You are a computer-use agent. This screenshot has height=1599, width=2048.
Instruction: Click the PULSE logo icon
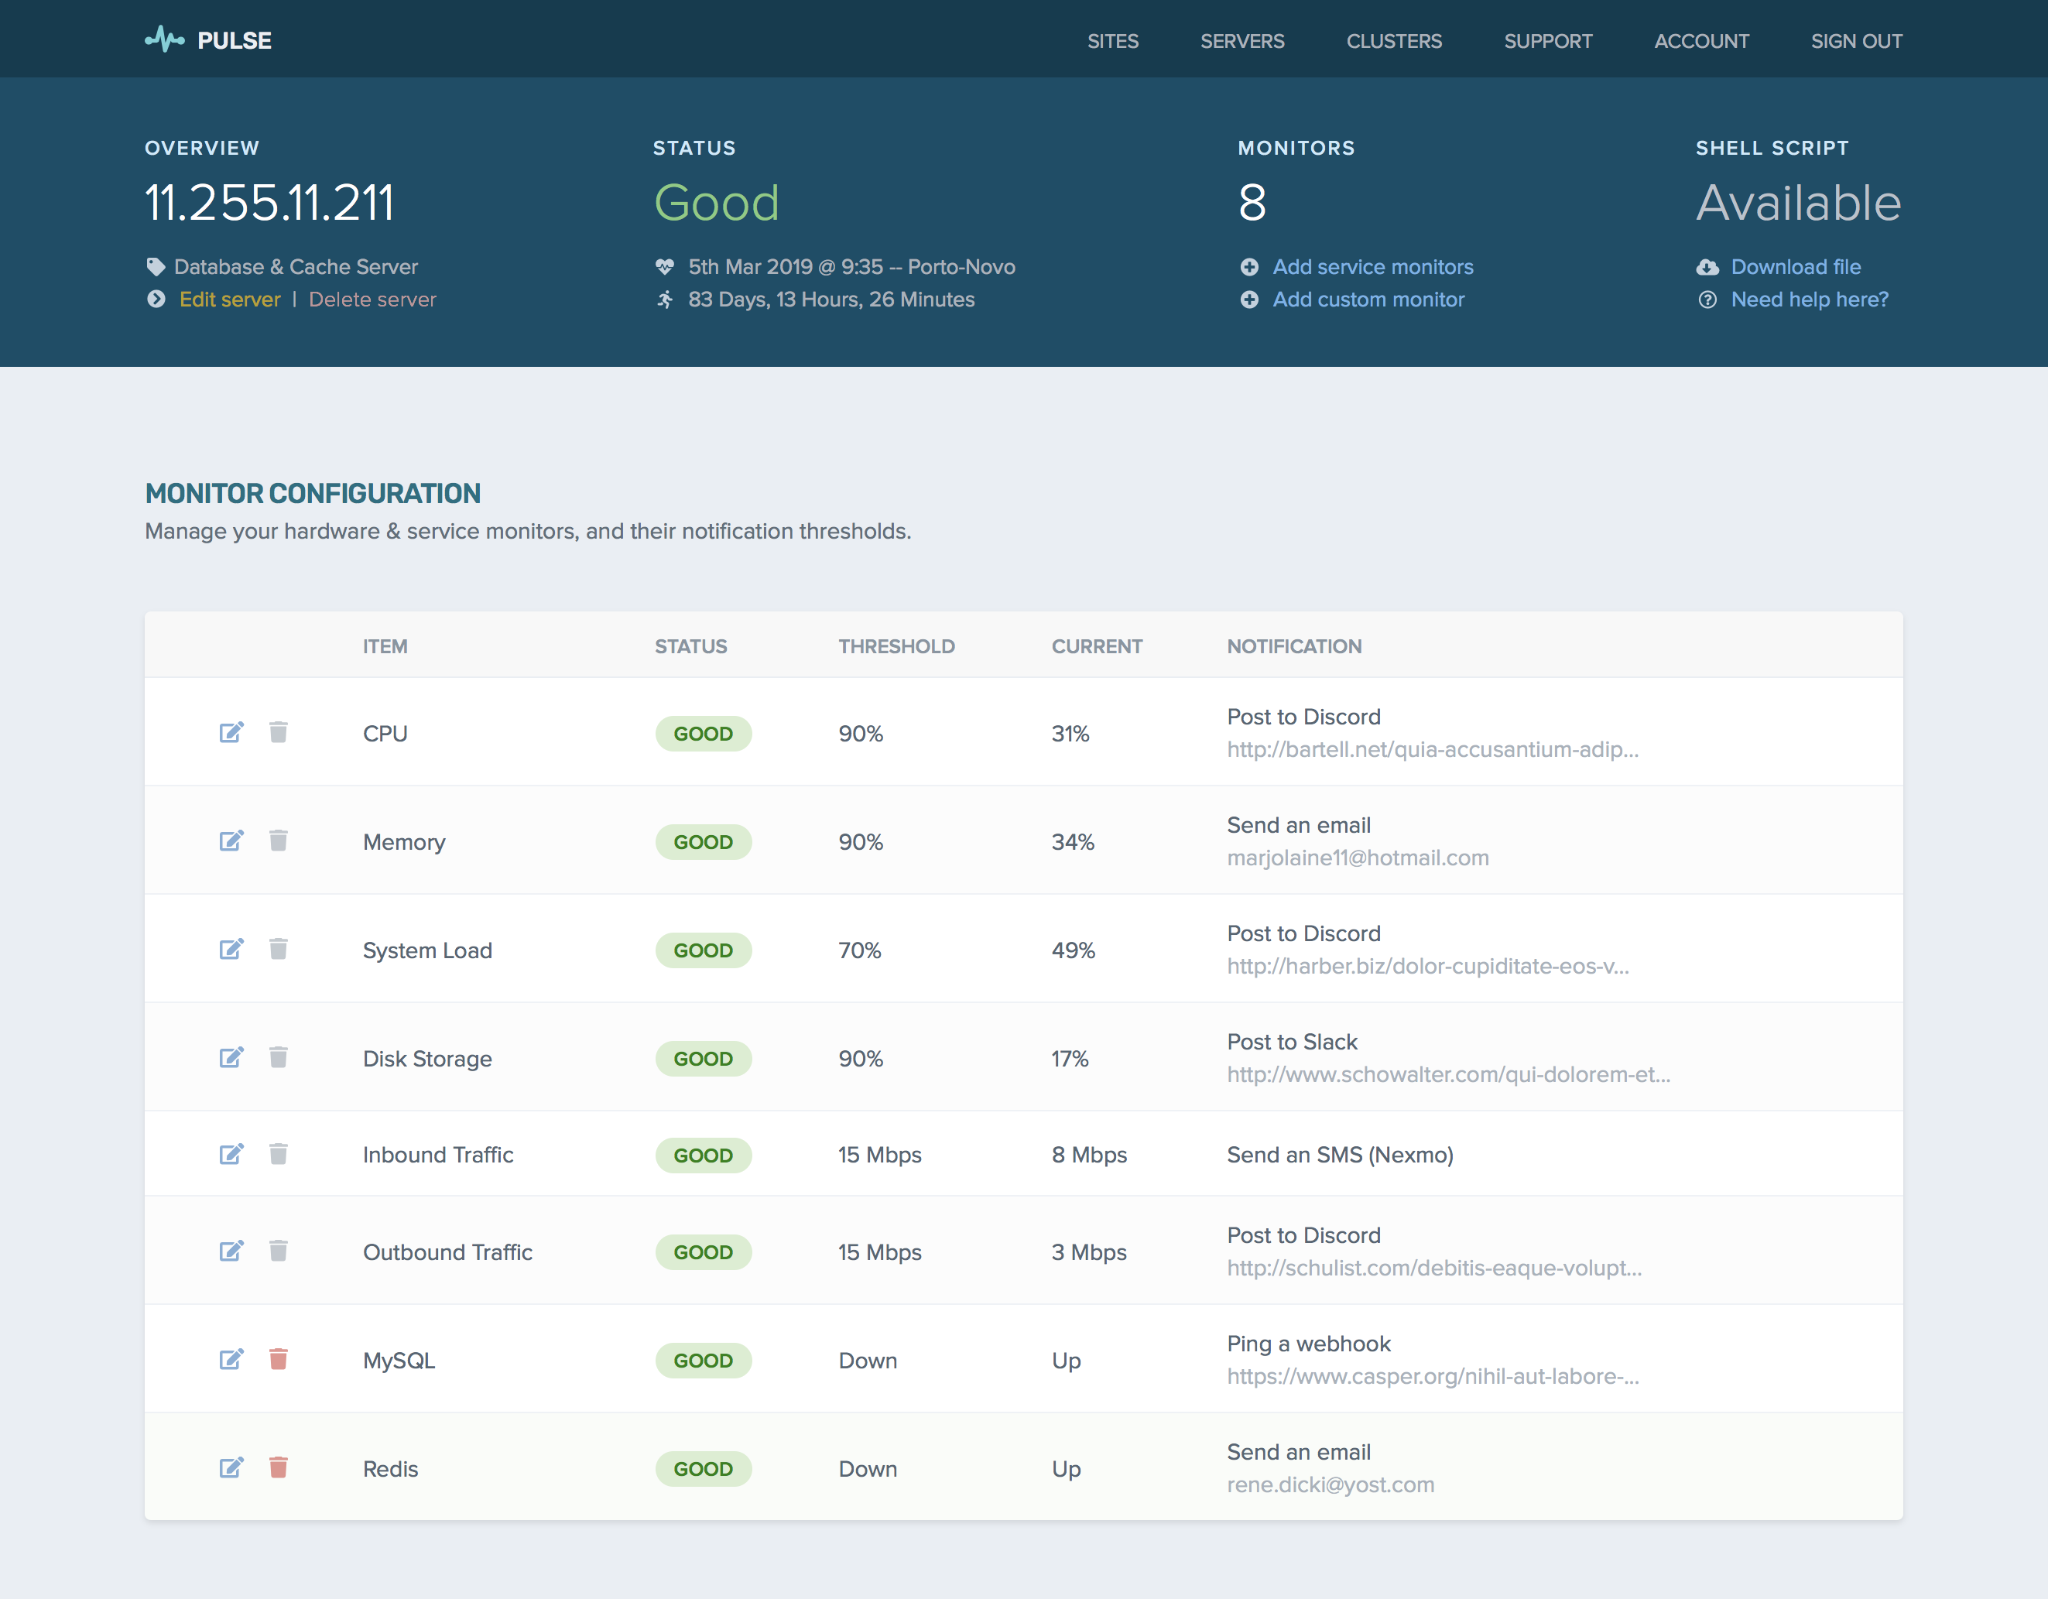coord(164,39)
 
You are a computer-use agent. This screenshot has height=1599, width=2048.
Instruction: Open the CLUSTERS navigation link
coord(1393,41)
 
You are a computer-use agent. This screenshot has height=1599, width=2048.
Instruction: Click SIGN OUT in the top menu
coord(1856,41)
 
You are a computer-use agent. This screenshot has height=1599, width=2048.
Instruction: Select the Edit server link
coord(230,300)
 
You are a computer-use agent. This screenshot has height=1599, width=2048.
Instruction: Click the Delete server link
coord(372,300)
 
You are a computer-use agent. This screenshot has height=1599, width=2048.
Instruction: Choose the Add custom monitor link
coord(1368,300)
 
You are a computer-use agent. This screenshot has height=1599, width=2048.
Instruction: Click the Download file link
coord(1796,267)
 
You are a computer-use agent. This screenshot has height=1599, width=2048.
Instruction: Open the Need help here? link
coord(1810,300)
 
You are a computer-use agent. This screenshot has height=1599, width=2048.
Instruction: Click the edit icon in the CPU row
coord(231,732)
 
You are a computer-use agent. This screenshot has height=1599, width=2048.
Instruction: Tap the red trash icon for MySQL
coord(279,1359)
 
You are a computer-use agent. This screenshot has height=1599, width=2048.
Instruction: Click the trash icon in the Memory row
coord(279,841)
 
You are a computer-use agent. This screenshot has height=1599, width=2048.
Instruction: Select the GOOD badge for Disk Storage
coord(704,1059)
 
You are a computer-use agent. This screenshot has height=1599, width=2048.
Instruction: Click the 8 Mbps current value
coord(1089,1155)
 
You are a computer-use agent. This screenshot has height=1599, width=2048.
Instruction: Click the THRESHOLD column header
coord(896,646)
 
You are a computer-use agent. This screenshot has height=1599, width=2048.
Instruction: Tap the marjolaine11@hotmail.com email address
coord(1358,858)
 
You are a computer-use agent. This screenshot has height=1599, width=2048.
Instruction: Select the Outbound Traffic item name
coord(447,1252)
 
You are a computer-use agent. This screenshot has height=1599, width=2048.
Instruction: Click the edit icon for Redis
coord(231,1467)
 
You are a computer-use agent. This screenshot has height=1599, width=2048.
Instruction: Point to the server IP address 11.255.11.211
coord(269,203)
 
